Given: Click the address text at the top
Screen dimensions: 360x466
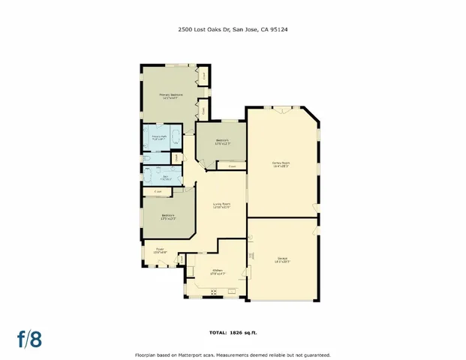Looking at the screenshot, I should click(233, 31).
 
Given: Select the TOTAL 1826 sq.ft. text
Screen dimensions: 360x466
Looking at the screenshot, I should click(233, 331).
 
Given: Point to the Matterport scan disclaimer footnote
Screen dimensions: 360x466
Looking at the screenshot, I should click(233, 353).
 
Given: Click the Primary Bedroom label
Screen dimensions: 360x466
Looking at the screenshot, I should click(170, 96).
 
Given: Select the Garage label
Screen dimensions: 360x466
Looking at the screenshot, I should click(281, 260).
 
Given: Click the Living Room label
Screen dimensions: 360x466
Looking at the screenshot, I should click(221, 205).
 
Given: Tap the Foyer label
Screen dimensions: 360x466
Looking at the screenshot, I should click(160, 250).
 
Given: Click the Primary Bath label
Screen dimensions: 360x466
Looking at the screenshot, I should click(159, 138).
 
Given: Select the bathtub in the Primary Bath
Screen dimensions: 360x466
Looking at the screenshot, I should click(175, 138).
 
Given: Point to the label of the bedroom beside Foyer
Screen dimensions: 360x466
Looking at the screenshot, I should click(168, 217).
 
